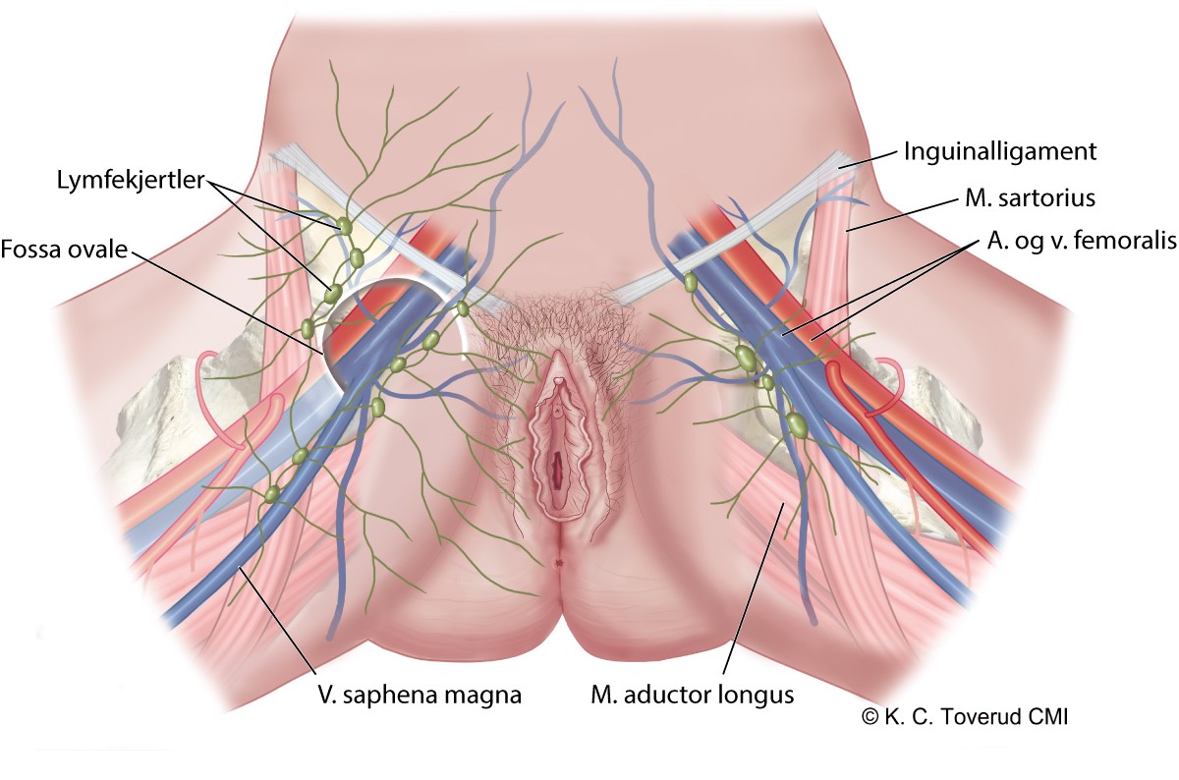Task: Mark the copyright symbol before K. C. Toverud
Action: pyautogui.click(x=870, y=718)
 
